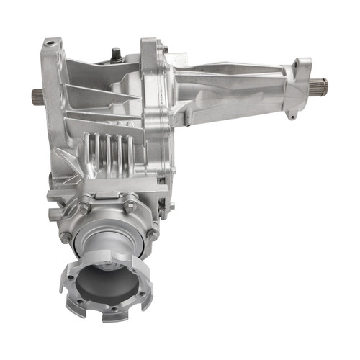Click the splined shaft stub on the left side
(37, 96)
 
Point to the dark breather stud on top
(115, 53)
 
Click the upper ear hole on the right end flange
(295, 65)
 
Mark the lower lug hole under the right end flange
(292, 114)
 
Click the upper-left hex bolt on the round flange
(84, 207)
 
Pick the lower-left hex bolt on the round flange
(66, 236)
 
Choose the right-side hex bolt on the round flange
(152, 232)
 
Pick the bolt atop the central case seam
(163, 49)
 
